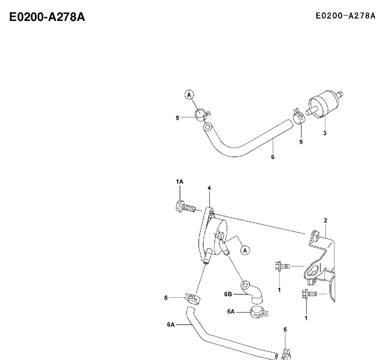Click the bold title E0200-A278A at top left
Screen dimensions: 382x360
pos(47,17)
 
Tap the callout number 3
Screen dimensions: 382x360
pos(325,133)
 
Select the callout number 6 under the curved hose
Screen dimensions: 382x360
pos(272,157)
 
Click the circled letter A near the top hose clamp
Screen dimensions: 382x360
pos(189,95)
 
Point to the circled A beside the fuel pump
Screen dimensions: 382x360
pos(245,250)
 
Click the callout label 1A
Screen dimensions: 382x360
pos(180,182)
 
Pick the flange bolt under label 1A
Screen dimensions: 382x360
pos(185,207)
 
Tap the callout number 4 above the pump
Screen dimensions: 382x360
pos(209,188)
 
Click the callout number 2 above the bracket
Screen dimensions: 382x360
pos(326,220)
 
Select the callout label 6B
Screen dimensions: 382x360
pos(228,294)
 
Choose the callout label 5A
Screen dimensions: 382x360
pos(231,312)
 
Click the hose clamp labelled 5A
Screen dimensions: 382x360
pos(259,312)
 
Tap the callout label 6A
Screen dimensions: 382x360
pos(171,325)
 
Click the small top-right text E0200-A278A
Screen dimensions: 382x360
pos(345,16)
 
